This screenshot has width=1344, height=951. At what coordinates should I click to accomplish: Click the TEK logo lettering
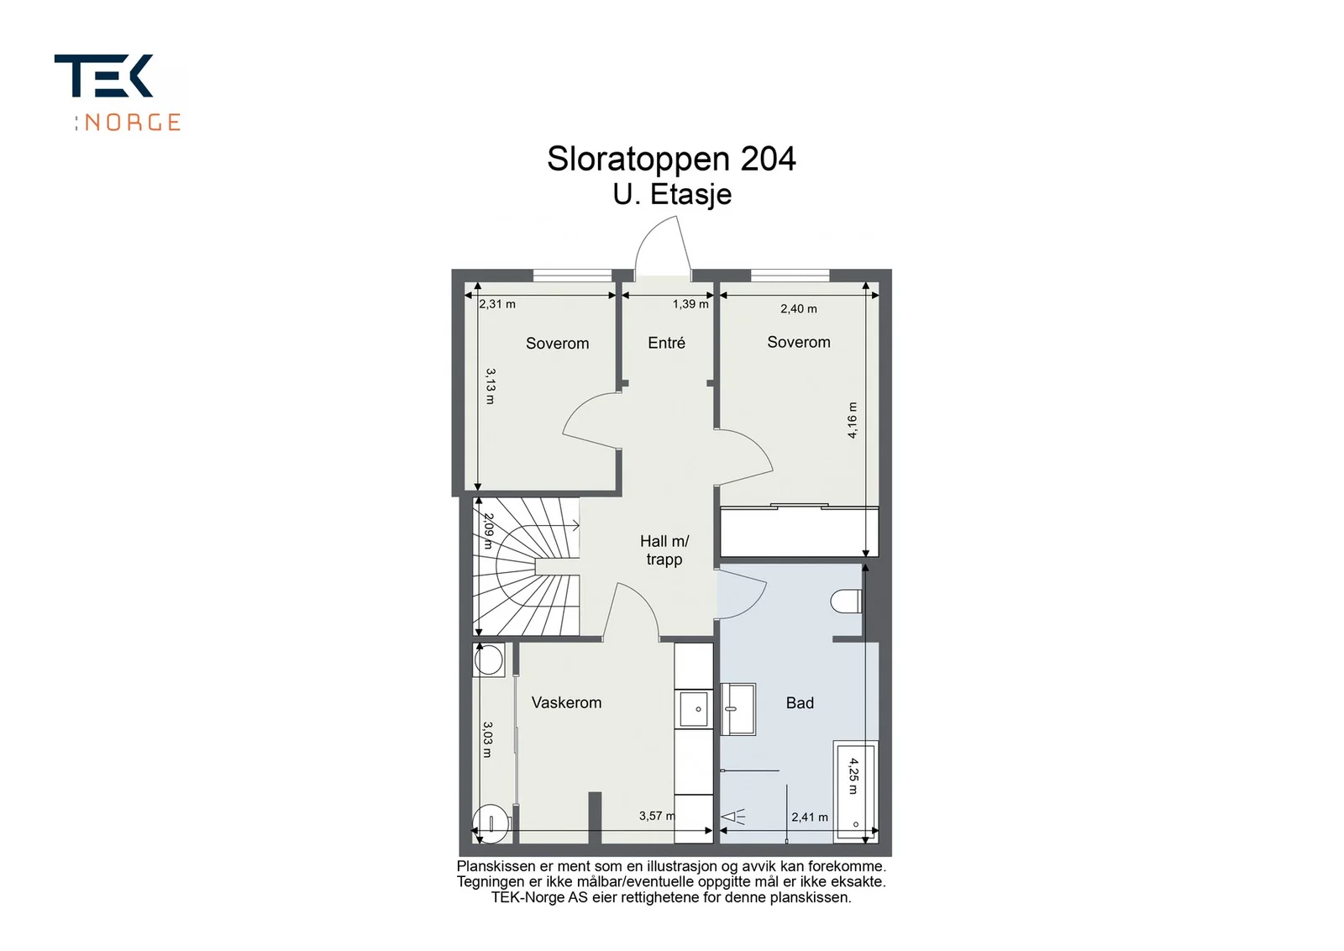tap(104, 76)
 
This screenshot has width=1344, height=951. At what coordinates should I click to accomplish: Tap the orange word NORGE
tap(133, 123)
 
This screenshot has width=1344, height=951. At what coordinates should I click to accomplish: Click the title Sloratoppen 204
tap(671, 159)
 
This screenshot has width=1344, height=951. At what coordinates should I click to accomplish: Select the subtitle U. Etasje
tap(672, 195)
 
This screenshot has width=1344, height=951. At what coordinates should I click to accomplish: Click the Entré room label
tap(666, 343)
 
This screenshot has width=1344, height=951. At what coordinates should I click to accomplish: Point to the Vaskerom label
tap(566, 702)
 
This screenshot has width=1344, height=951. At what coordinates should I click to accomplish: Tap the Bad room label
tap(800, 702)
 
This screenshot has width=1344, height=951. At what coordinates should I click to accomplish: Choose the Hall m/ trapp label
tap(664, 550)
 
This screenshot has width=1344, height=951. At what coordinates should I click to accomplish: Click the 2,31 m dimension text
tap(497, 304)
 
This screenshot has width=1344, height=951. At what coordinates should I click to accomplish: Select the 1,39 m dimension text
tap(690, 304)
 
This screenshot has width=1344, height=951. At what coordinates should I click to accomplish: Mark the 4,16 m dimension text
tap(852, 421)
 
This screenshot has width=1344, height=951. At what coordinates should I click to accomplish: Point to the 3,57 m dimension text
tap(657, 816)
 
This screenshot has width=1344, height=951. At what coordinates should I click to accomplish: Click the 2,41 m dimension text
tap(810, 817)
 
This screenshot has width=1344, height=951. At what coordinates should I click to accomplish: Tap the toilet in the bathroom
tap(846, 602)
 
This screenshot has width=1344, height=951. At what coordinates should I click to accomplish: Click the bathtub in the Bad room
tap(856, 792)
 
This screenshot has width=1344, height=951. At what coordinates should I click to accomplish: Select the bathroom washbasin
tap(738, 709)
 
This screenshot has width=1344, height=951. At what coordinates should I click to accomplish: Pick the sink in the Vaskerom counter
tap(694, 708)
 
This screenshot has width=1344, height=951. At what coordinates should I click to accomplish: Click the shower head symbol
tap(732, 817)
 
